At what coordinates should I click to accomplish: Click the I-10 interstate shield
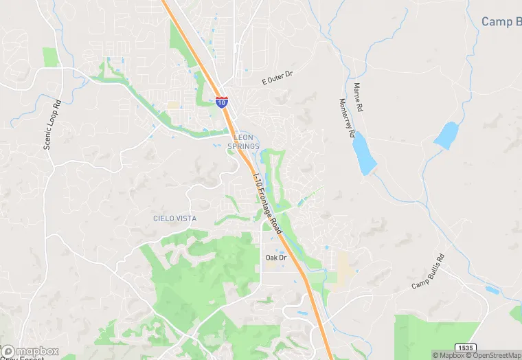221,102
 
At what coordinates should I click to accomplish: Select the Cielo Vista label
174,218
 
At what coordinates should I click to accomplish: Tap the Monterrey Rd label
346,118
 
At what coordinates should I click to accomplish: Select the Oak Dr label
276,258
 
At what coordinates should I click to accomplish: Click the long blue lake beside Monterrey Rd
364,154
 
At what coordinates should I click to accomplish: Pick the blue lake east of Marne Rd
446,135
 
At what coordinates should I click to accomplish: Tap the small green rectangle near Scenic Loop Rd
49,57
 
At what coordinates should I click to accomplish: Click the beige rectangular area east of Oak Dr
346,265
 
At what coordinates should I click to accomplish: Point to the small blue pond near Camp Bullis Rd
492,290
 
